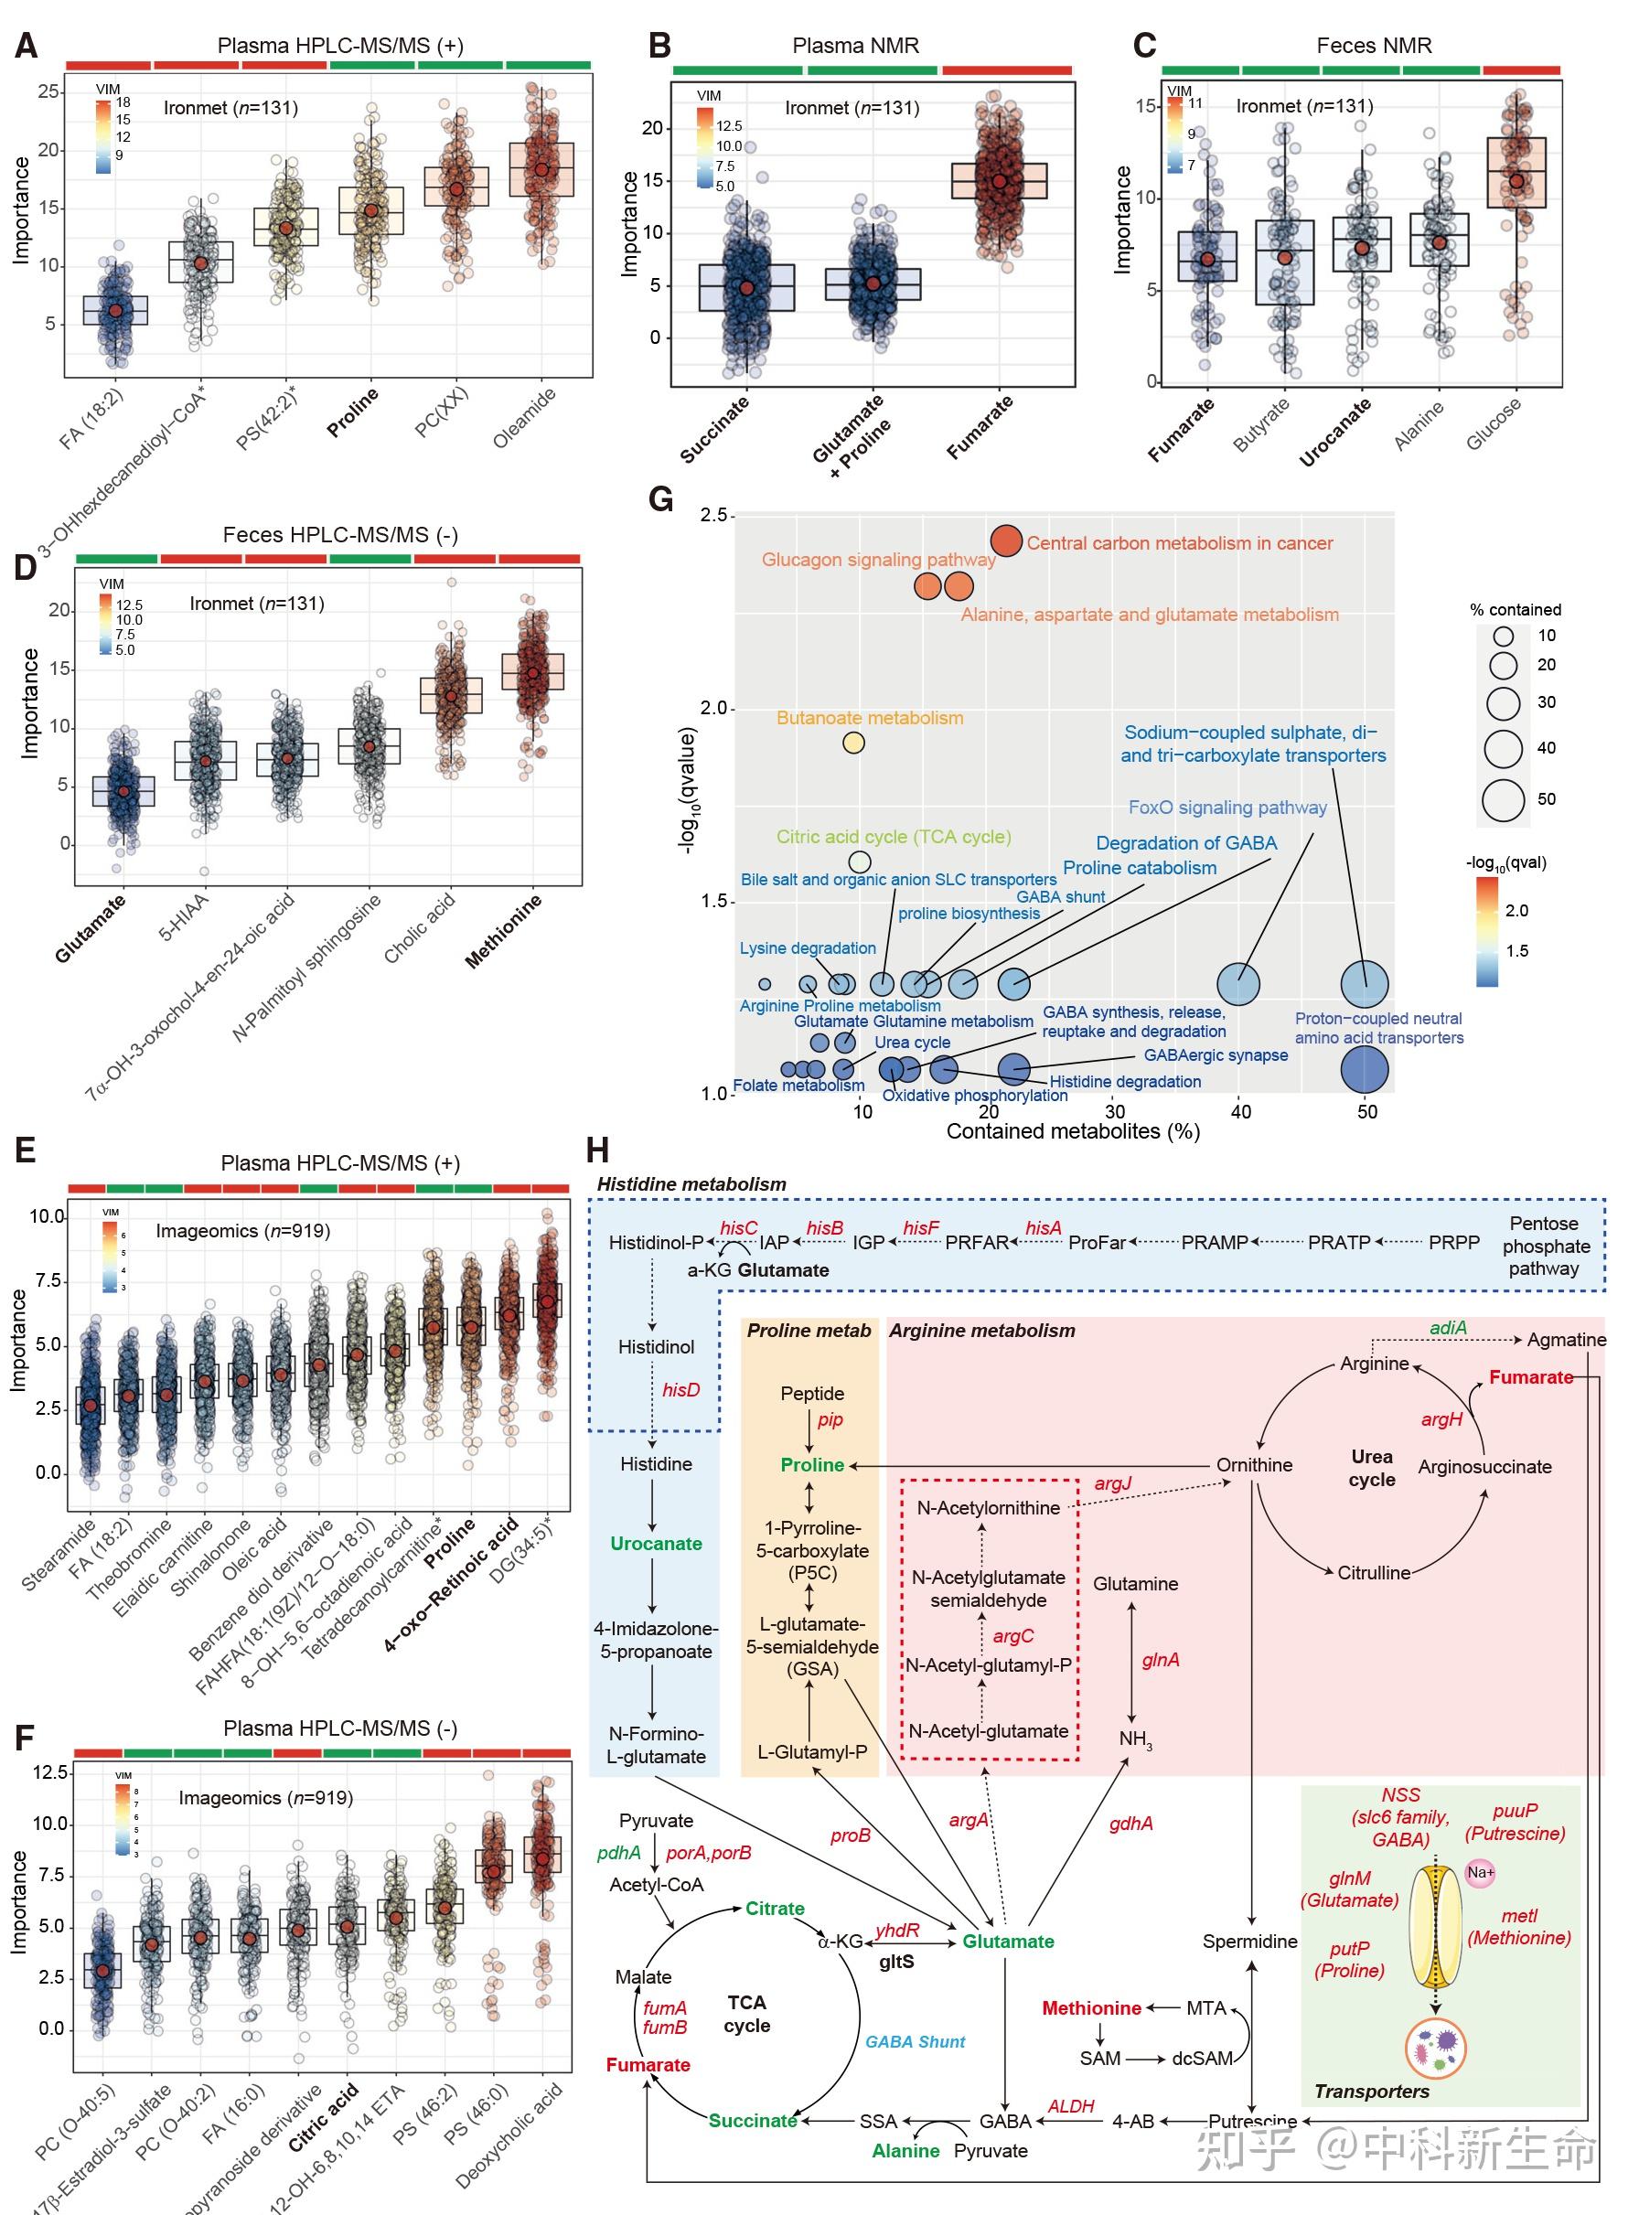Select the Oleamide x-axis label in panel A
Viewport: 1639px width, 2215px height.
(x=525, y=418)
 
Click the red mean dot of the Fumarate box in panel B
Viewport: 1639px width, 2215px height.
(x=999, y=181)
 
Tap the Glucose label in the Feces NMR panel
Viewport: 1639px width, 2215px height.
(x=1494, y=424)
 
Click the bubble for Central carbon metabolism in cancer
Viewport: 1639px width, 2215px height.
(x=1006, y=540)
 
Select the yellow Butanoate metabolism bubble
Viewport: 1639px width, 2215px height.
(x=853, y=742)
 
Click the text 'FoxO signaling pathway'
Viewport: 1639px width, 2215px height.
(x=1227, y=808)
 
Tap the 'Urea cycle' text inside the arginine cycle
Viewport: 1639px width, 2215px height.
(x=1371, y=1468)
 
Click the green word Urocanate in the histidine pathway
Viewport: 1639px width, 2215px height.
(x=656, y=1544)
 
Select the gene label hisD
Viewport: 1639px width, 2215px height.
(x=680, y=1390)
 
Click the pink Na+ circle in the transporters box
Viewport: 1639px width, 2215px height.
(x=1479, y=1873)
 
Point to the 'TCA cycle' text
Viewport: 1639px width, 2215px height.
(x=746, y=2014)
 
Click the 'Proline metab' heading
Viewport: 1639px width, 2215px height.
(x=809, y=1332)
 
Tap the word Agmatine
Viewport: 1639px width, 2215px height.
(x=1566, y=1340)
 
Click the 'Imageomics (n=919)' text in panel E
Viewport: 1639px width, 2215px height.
(x=242, y=1231)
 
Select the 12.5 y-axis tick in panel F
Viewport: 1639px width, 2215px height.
(x=49, y=1772)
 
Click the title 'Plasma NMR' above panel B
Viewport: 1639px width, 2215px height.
(x=855, y=46)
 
